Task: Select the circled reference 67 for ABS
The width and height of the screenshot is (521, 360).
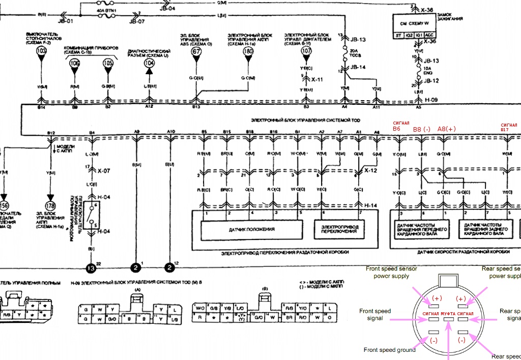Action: [x=196, y=51]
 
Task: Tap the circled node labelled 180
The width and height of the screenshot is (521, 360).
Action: [x=248, y=51]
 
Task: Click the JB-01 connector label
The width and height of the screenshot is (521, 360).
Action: [x=66, y=22]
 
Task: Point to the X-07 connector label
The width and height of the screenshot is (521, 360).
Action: [x=103, y=171]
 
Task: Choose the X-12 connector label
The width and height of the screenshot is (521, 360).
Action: [x=370, y=171]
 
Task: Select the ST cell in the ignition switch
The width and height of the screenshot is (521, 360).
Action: [x=398, y=35]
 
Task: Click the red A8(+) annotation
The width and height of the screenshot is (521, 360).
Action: [x=446, y=129]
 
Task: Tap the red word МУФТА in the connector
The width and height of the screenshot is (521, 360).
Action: [x=448, y=314]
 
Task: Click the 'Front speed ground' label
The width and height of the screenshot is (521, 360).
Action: [x=390, y=350]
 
